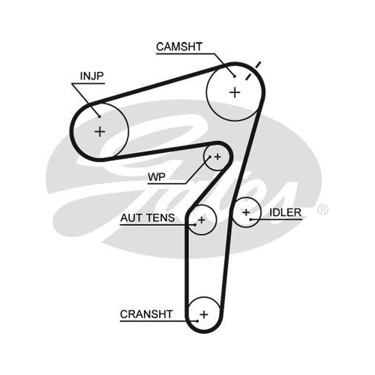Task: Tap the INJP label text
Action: (x=91, y=76)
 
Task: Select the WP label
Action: (x=157, y=177)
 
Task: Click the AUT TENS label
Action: (x=148, y=217)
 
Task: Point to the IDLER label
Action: (x=285, y=212)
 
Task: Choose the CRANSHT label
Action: (x=146, y=314)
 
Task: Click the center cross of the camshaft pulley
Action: (x=235, y=92)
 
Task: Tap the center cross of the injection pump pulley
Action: (x=100, y=131)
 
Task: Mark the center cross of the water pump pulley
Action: (x=217, y=157)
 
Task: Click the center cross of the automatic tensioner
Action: (x=202, y=220)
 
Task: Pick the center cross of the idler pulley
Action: (x=246, y=212)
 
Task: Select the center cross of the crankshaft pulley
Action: (x=204, y=314)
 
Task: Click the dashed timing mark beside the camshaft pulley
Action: (x=253, y=70)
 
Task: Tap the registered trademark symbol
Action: (x=322, y=210)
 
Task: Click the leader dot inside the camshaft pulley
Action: (x=235, y=76)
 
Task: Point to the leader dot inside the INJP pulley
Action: (x=99, y=116)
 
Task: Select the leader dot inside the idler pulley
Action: (x=250, y=220)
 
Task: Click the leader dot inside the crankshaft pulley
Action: (x=197, y=321)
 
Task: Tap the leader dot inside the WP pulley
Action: (x=210, y=157)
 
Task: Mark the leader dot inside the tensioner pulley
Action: (x=195, y=225)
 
